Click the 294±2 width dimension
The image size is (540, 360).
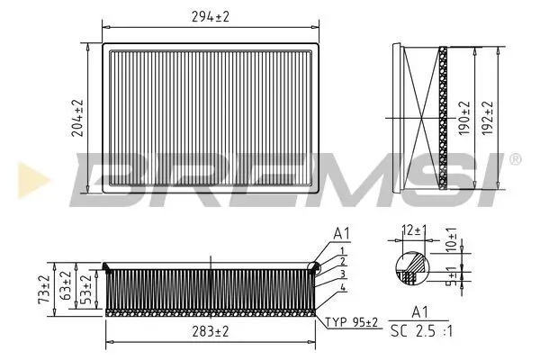[210, 15]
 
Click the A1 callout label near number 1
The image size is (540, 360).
[341, 234]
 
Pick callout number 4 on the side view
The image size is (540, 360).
[344, 288]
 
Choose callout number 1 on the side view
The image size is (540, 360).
[343, 251]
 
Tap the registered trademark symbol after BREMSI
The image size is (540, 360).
[514, 159]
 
